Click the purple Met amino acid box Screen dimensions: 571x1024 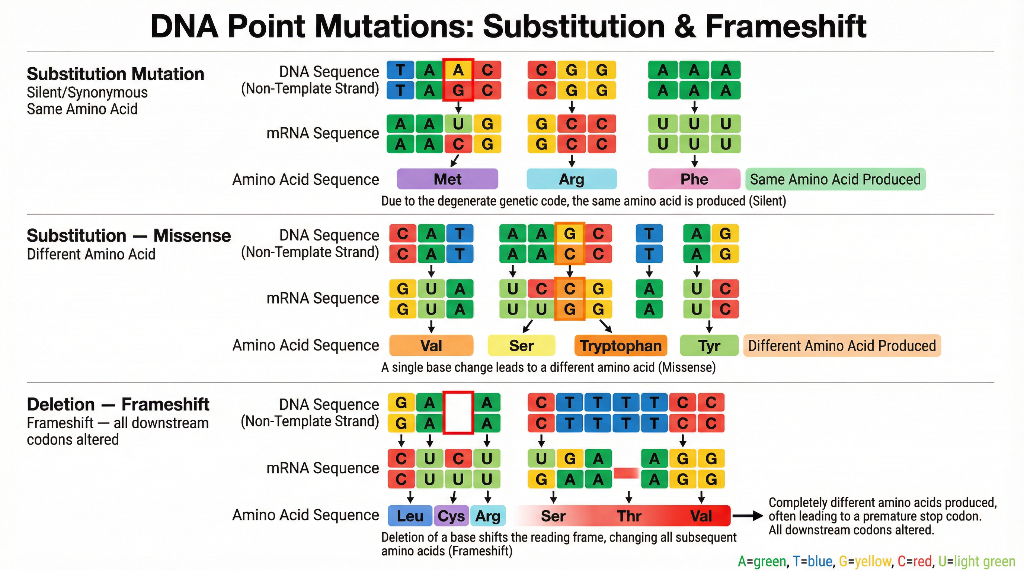(447, 179)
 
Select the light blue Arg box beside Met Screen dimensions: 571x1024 (571, 179)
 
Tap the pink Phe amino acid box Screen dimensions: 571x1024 (694, 179)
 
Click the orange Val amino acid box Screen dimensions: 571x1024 (431, 345)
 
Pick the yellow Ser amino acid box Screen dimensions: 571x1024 (521, 345)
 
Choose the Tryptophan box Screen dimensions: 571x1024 (621, 345)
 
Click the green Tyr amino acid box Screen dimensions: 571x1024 (709, 345)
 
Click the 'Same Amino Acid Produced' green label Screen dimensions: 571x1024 (835, 179)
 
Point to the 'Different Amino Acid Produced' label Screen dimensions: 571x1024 (842, 345)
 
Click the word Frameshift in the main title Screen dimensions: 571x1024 (785, 26)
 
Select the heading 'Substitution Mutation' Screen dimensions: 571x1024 (115, 74)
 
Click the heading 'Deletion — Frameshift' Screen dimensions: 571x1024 (118, 404)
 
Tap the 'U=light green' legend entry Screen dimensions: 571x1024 (977, 561)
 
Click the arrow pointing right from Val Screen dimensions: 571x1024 (747, 516)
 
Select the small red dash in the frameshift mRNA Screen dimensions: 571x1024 (626, 472)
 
